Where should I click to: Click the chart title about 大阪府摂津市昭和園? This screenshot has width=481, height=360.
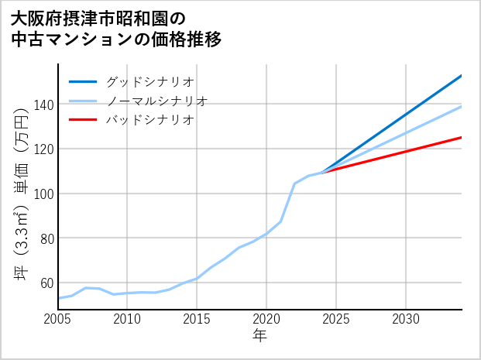pos(116,29)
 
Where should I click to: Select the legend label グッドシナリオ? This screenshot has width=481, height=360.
pos(149,81)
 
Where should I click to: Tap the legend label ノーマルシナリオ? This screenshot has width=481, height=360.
pos(156,101)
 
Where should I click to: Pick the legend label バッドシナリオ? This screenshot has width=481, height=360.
pos(149,120)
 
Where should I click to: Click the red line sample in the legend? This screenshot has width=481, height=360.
pos(83,120)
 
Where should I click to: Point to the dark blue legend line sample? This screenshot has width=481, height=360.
pos(83,81)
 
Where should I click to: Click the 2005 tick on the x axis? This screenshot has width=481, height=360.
pos(58,319)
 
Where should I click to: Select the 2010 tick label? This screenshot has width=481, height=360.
pos(128,319)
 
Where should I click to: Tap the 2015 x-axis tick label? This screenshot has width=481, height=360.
pos(198,319)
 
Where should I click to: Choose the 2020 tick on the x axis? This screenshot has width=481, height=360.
pos(266,319)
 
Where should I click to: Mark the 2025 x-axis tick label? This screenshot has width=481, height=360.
pos(336,319)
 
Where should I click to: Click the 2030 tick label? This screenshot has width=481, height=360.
pos(406,319)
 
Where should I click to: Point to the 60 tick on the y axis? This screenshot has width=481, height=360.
pos(46,283)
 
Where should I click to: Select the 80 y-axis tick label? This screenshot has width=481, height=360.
pos(46,238)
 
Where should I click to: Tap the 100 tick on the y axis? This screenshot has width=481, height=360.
pos(43,194)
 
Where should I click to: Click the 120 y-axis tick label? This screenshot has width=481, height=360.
pos(43,149)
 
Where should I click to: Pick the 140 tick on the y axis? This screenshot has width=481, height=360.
pos(43,105)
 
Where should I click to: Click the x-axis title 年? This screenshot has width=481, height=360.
pos(259,336)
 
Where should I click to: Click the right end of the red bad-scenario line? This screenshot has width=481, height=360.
pos(461,138)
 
